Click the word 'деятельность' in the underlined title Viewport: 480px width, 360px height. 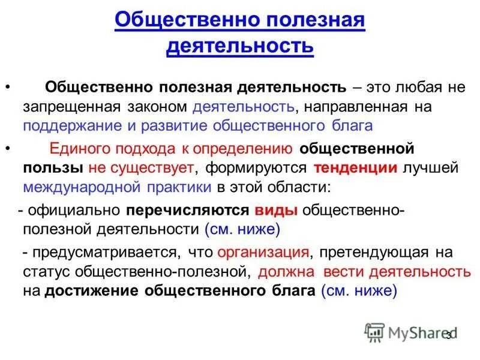239,45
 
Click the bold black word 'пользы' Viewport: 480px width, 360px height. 53,168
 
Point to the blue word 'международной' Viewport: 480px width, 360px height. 79,187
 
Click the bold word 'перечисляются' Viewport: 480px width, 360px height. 187,210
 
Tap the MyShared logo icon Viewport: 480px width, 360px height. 374,332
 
